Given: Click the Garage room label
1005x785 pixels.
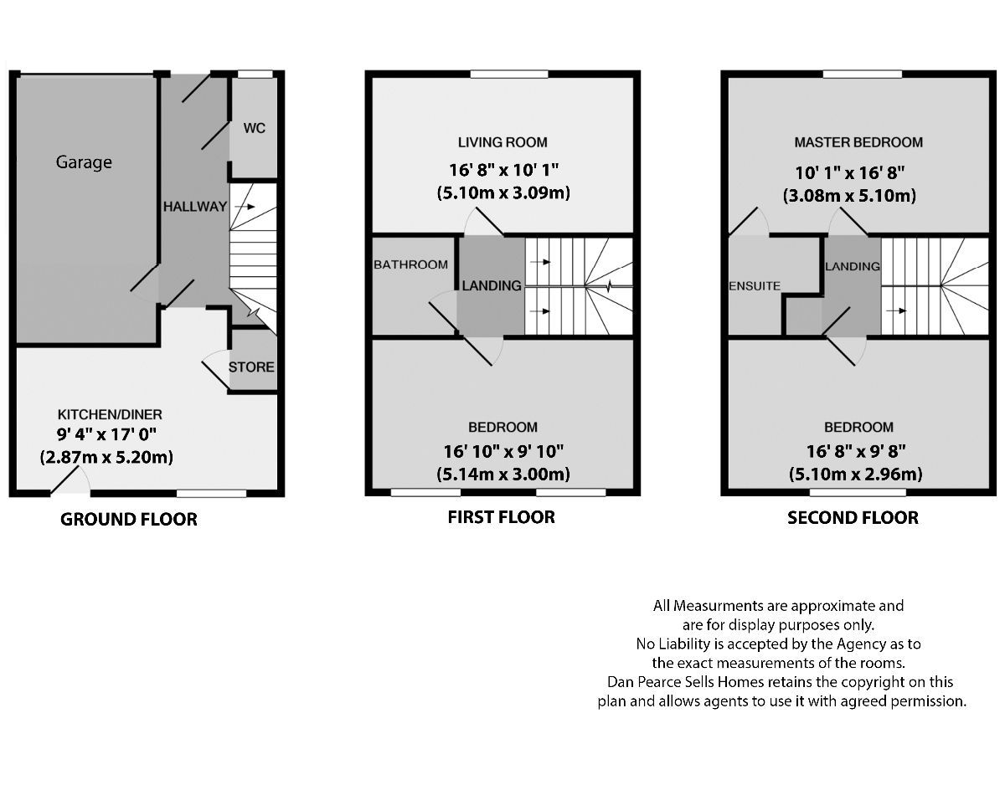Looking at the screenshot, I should tap(84, 162).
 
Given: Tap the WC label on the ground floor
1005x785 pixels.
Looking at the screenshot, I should tap(255, 128).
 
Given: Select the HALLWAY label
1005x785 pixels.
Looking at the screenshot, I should tap(194, 207).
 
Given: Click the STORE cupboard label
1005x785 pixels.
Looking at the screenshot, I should tap(251, 367).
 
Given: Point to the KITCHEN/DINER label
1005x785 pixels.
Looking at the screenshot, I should tap(110, 414).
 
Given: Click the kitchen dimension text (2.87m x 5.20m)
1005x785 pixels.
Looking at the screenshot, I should tap(106, 458).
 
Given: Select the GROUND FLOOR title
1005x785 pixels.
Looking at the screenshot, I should tap(129, 519).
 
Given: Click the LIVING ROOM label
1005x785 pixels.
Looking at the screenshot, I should tap(502, 142).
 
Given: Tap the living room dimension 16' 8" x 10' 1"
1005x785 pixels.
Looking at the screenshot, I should tap(502, 170).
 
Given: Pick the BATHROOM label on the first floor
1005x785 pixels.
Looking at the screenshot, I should tap(410, 264).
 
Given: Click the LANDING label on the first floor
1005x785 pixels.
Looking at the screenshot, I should tap(492, 285).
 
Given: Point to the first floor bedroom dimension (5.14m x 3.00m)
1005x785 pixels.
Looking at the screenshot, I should tap(502, 475).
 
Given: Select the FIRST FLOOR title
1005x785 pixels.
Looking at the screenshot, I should tap(501, 517).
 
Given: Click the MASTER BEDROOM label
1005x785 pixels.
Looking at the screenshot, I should tap(858, 142).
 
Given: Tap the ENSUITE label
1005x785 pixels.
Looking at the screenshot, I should tap(755, 286).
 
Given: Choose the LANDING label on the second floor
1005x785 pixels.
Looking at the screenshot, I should tap(852, 267).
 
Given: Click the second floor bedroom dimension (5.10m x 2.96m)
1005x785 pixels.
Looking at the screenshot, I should tap(855, 475).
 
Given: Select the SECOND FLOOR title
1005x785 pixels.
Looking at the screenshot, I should tap(853, 518).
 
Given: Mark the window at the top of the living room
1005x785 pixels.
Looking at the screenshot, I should tap(509, 74).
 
